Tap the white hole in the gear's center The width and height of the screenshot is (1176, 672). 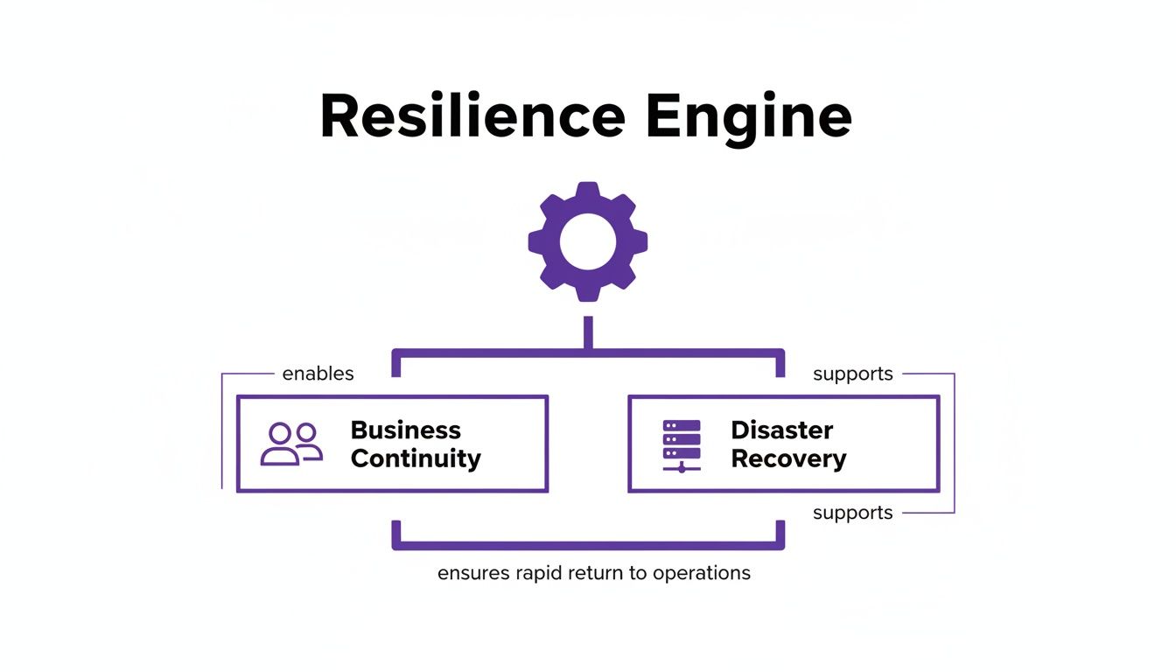click(x=588, y=241)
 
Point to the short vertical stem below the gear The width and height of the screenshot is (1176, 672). click(x=588, y=332)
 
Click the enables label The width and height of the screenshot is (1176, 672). click(x=318, y=374)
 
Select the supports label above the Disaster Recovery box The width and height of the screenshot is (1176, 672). click(x=852, y=374)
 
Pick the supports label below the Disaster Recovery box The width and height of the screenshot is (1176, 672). click(x=852, y=513)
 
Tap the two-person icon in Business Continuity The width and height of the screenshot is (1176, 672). click(x=291, y=444)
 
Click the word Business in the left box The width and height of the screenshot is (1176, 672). click(x=405, y=430)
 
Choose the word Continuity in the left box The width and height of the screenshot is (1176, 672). click(x=416, y=458)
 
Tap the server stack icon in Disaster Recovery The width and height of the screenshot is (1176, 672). click(x=682, y=444)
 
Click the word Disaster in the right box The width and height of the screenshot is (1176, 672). click(x=781, y=430)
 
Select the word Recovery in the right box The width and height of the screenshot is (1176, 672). click(x=788, y=458)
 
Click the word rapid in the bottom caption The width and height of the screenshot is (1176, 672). click(x=542, y=573)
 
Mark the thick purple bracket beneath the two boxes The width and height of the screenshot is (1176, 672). click(x=588, y=546)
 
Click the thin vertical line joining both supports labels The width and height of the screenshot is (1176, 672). click(x=954, y=443)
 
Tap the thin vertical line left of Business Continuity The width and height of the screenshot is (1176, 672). click(x=222, y=430)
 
